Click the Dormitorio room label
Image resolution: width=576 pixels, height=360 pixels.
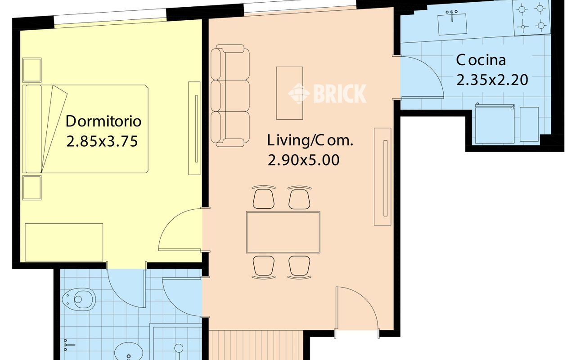[x=103, y=121]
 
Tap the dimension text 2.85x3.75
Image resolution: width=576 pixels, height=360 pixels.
[x=102, y=141]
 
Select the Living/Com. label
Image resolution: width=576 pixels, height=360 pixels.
[x=310, y=140]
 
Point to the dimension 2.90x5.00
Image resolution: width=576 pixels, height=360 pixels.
[x=304, y=160]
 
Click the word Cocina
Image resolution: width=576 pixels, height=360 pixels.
[x=481, y=60]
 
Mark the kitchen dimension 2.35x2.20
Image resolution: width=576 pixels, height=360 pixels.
[x=492, y=80]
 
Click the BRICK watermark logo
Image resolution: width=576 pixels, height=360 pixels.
[x=327, y=93]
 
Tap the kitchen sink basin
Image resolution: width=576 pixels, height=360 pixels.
[x=452, y=24]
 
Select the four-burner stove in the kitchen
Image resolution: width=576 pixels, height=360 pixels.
[x=532, y=18]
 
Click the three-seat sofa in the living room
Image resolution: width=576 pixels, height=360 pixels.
[x=230, y=96]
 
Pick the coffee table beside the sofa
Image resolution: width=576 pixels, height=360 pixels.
[x=289, y=93]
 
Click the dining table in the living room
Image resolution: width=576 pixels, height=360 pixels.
[x=283, y=232]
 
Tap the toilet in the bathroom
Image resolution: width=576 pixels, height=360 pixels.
[x=79, y=299]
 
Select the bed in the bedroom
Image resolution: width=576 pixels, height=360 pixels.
[x=85, y=129]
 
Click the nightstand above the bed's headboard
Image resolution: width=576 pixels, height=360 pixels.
[x=32, y=70]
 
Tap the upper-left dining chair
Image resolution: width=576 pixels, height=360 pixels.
[x=264, y=197]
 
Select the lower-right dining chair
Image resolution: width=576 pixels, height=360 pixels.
[x=299, y=267]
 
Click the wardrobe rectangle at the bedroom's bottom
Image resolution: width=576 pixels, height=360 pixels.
[x=64, y=242]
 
